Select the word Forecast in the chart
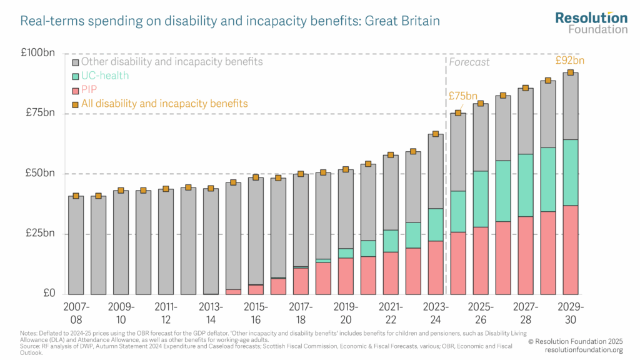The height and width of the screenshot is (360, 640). coord(469,62)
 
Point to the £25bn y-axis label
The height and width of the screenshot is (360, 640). coord(41,234)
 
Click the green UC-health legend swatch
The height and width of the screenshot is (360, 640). coord(76,76)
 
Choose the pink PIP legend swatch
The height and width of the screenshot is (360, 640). coord(76,90)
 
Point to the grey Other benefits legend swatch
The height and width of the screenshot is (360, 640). coord(76,62)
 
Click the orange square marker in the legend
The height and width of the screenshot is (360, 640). coord(76,104)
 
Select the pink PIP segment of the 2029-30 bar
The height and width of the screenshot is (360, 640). coord(570,250)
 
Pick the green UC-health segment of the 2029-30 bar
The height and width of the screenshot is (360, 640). coord(570,172)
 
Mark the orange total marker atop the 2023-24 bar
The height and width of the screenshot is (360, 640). coord(436,134)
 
